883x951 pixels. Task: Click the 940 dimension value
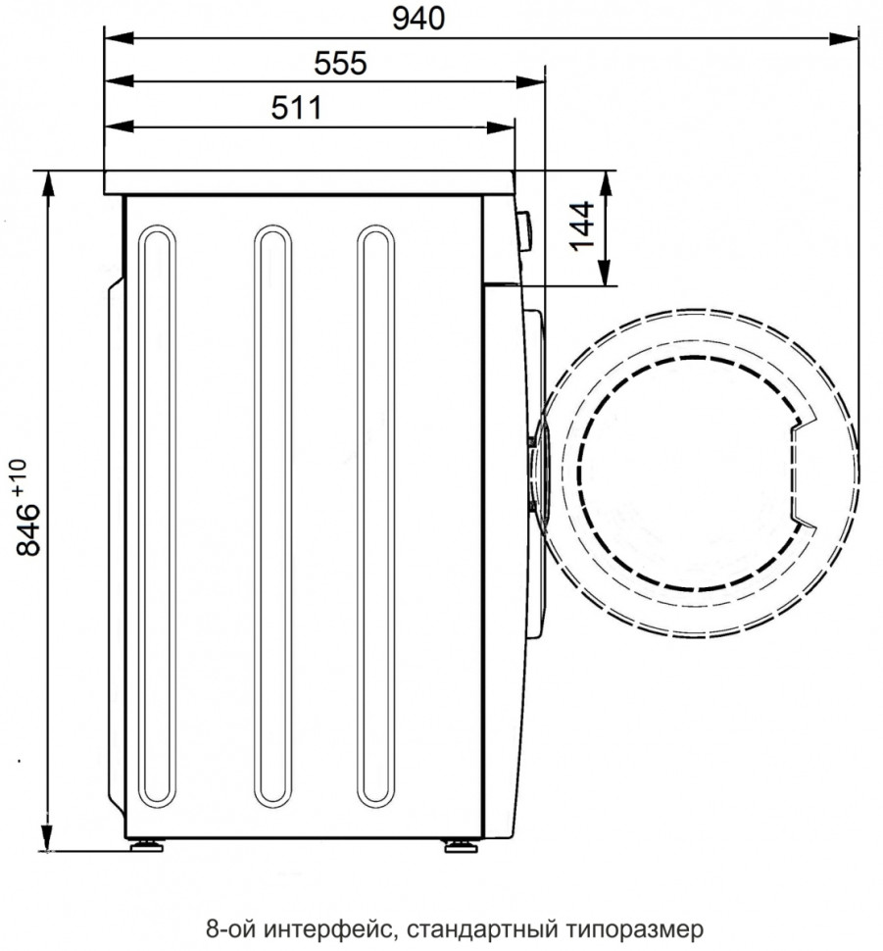tap(418, 19)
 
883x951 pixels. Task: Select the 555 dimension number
tap(340, 63)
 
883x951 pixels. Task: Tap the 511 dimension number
tap(297, 108)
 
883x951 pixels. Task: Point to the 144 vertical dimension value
tap(581, 225)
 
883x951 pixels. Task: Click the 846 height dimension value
tap(27, 529)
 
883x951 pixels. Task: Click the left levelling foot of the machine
tap(146, 845)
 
